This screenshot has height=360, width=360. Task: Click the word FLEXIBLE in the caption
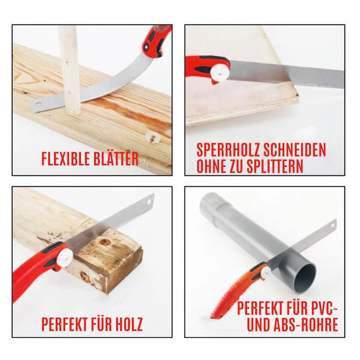coord(64,158)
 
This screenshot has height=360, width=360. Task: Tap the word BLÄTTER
coord(114,158)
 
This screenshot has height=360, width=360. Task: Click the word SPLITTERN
coord(274,166)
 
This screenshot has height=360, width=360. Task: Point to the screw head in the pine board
coord(152,138)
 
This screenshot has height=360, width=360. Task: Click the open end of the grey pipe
coord(305,278)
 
